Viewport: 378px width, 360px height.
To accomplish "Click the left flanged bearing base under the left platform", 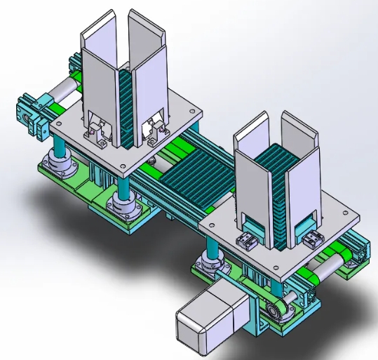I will tap(59, 166).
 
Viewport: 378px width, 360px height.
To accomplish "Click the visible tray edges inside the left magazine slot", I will tap(126, 105).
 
